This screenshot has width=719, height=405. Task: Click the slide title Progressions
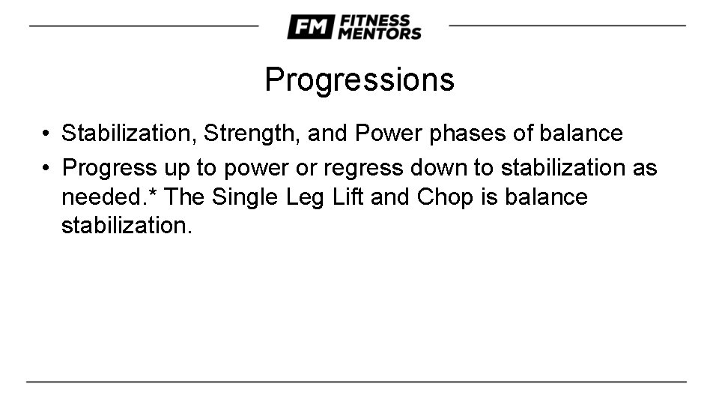(359, 79)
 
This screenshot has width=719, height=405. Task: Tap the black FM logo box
(310, 27)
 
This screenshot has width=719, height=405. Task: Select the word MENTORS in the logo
(379, 34)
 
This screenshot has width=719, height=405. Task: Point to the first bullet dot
(46, 134)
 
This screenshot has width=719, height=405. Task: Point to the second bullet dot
(46, 167)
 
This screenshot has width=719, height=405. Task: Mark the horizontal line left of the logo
(143, 25)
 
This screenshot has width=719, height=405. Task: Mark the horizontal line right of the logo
(567, 25)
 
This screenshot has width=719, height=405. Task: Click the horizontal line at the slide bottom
(357, 382)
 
